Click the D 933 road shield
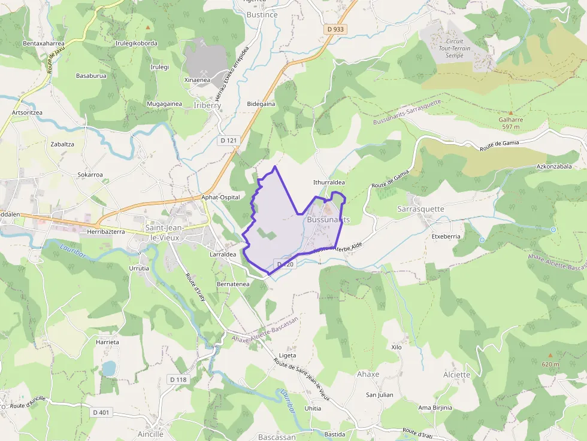[x=335, y=29]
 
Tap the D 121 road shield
[x=228, y=140]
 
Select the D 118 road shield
[x=178, y=379]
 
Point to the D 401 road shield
[x=102, y=412]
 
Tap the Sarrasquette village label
[x=420, y=209]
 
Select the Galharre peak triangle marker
[x=511, y=112]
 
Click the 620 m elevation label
[x=550, y=364]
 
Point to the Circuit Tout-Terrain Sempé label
[x=455, y=48]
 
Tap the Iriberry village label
[x=208, y=105]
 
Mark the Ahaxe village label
[x=368, y=374]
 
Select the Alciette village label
[x=456, y=375]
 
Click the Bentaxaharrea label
[x=43, y=44]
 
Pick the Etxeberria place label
[x=446, y=236]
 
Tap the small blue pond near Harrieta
[x=108, y=368]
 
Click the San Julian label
[x=380, y=395]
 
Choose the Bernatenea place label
[x=233, y=284]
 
